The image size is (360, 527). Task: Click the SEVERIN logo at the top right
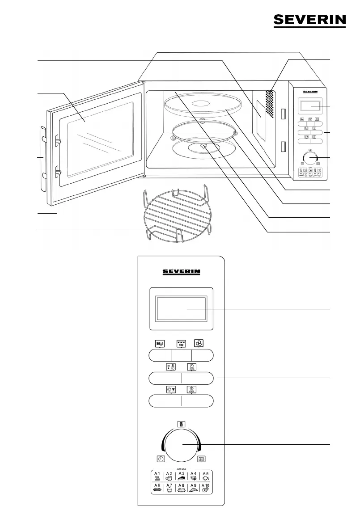coord(309,20)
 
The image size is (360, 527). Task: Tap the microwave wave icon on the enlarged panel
coord(160,343)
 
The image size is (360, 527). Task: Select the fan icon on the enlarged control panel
coord(199,343)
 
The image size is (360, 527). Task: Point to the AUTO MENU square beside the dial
coord(202,459)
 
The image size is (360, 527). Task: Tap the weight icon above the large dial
coord(181,424)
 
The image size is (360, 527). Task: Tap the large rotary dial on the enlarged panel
coord(181,444)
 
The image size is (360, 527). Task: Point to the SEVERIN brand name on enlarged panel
coord(181,271)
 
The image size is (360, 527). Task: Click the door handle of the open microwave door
coord(42,158)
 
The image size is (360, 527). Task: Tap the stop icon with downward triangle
coord(171,389)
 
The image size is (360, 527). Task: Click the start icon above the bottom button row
coord(191,389)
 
